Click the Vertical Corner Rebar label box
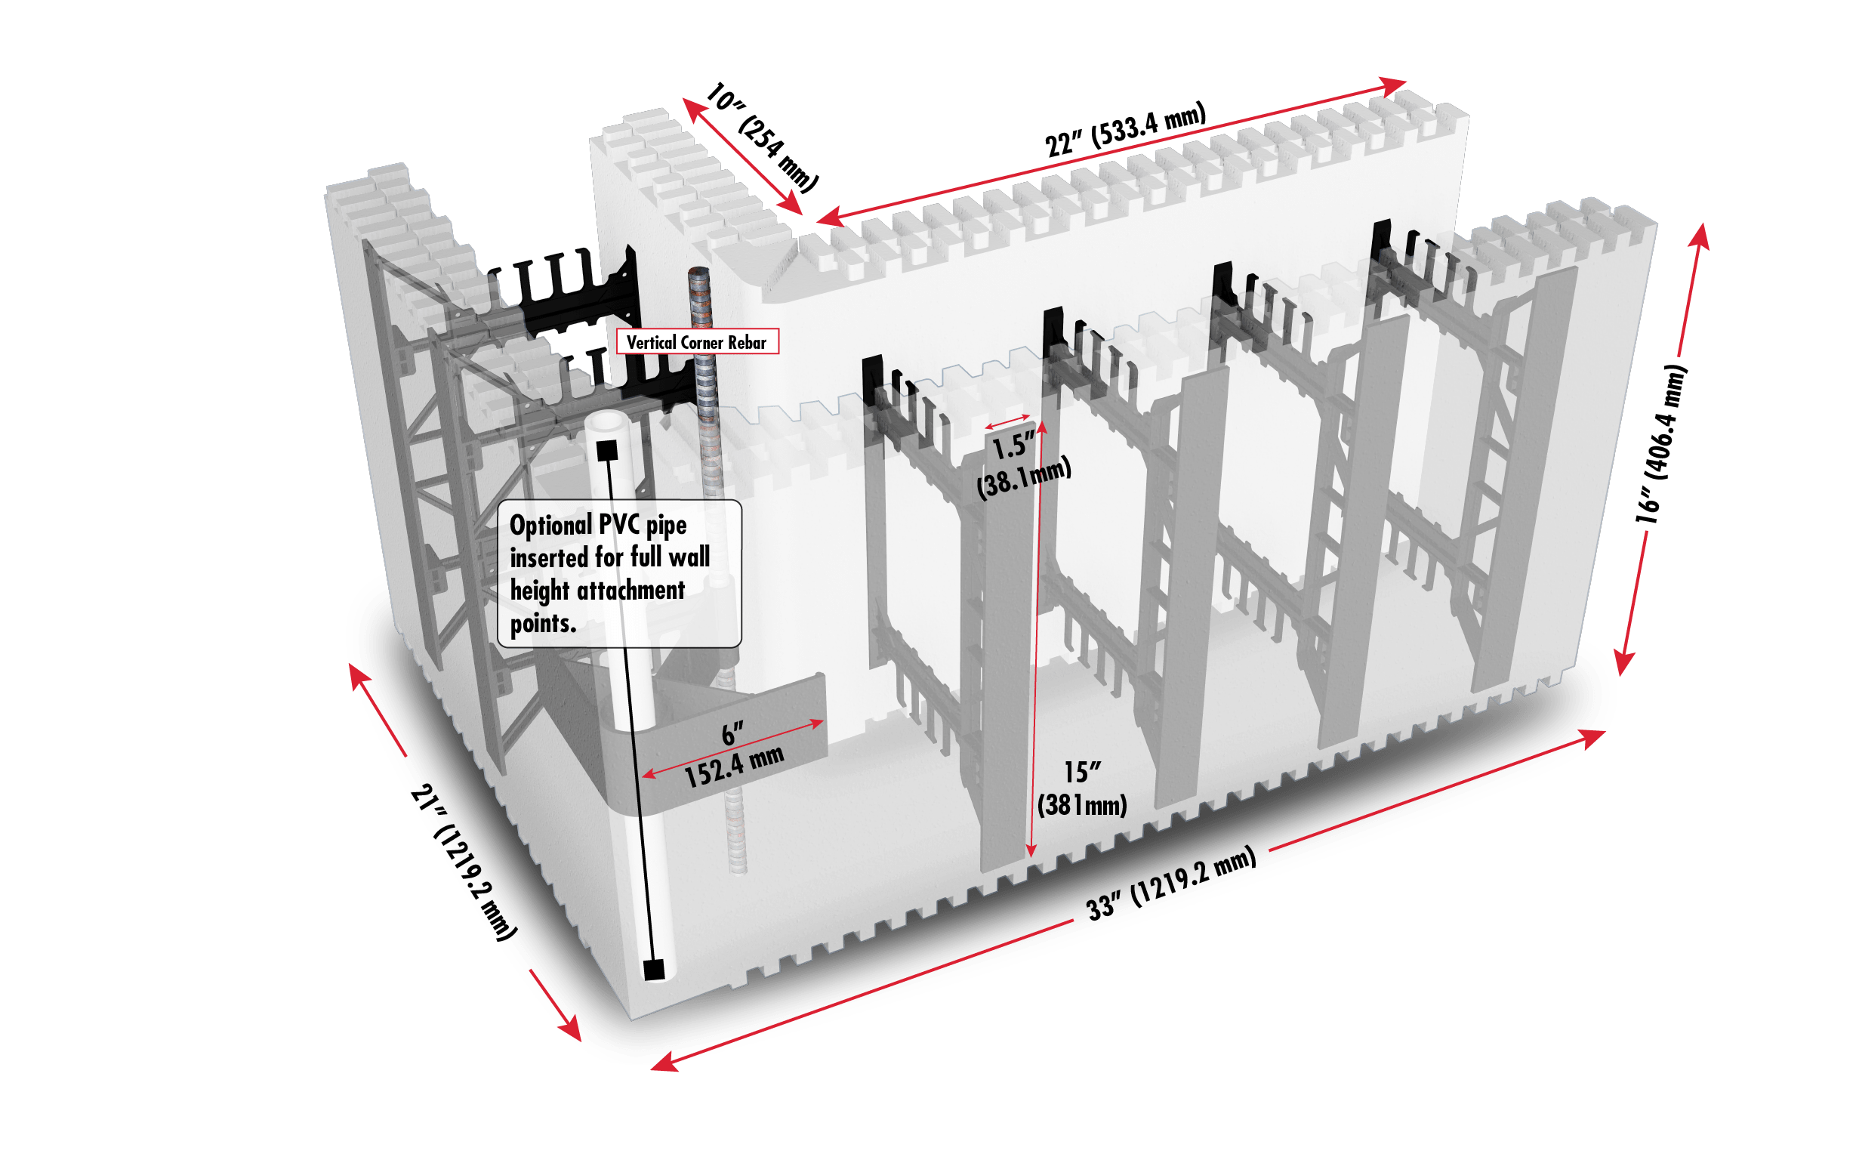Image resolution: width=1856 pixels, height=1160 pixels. pos(697,341)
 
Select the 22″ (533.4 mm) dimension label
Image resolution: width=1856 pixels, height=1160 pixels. pos(1125,130)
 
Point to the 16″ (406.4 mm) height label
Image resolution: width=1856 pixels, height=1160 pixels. pos(1661,444)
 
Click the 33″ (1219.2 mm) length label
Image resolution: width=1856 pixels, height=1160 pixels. pos(1171,883)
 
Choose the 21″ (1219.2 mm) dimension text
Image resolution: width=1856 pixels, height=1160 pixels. pos(463,862)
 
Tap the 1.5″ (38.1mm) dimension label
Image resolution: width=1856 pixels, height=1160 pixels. pos(1022,465)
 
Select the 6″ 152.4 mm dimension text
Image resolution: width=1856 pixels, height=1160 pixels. pos(733,756)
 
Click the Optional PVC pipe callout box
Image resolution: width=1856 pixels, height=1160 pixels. pos(619,574)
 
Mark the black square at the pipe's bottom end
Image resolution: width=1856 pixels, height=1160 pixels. pos(653,970)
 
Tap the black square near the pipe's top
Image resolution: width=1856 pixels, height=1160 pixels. pos(606,450)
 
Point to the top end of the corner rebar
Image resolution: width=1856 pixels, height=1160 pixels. pos(698,273)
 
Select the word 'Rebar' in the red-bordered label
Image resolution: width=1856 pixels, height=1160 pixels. pos(747,342)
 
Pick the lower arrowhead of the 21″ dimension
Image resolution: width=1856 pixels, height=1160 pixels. pos(569,1028)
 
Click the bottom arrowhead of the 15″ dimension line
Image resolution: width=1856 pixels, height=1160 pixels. pos(1031,850)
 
